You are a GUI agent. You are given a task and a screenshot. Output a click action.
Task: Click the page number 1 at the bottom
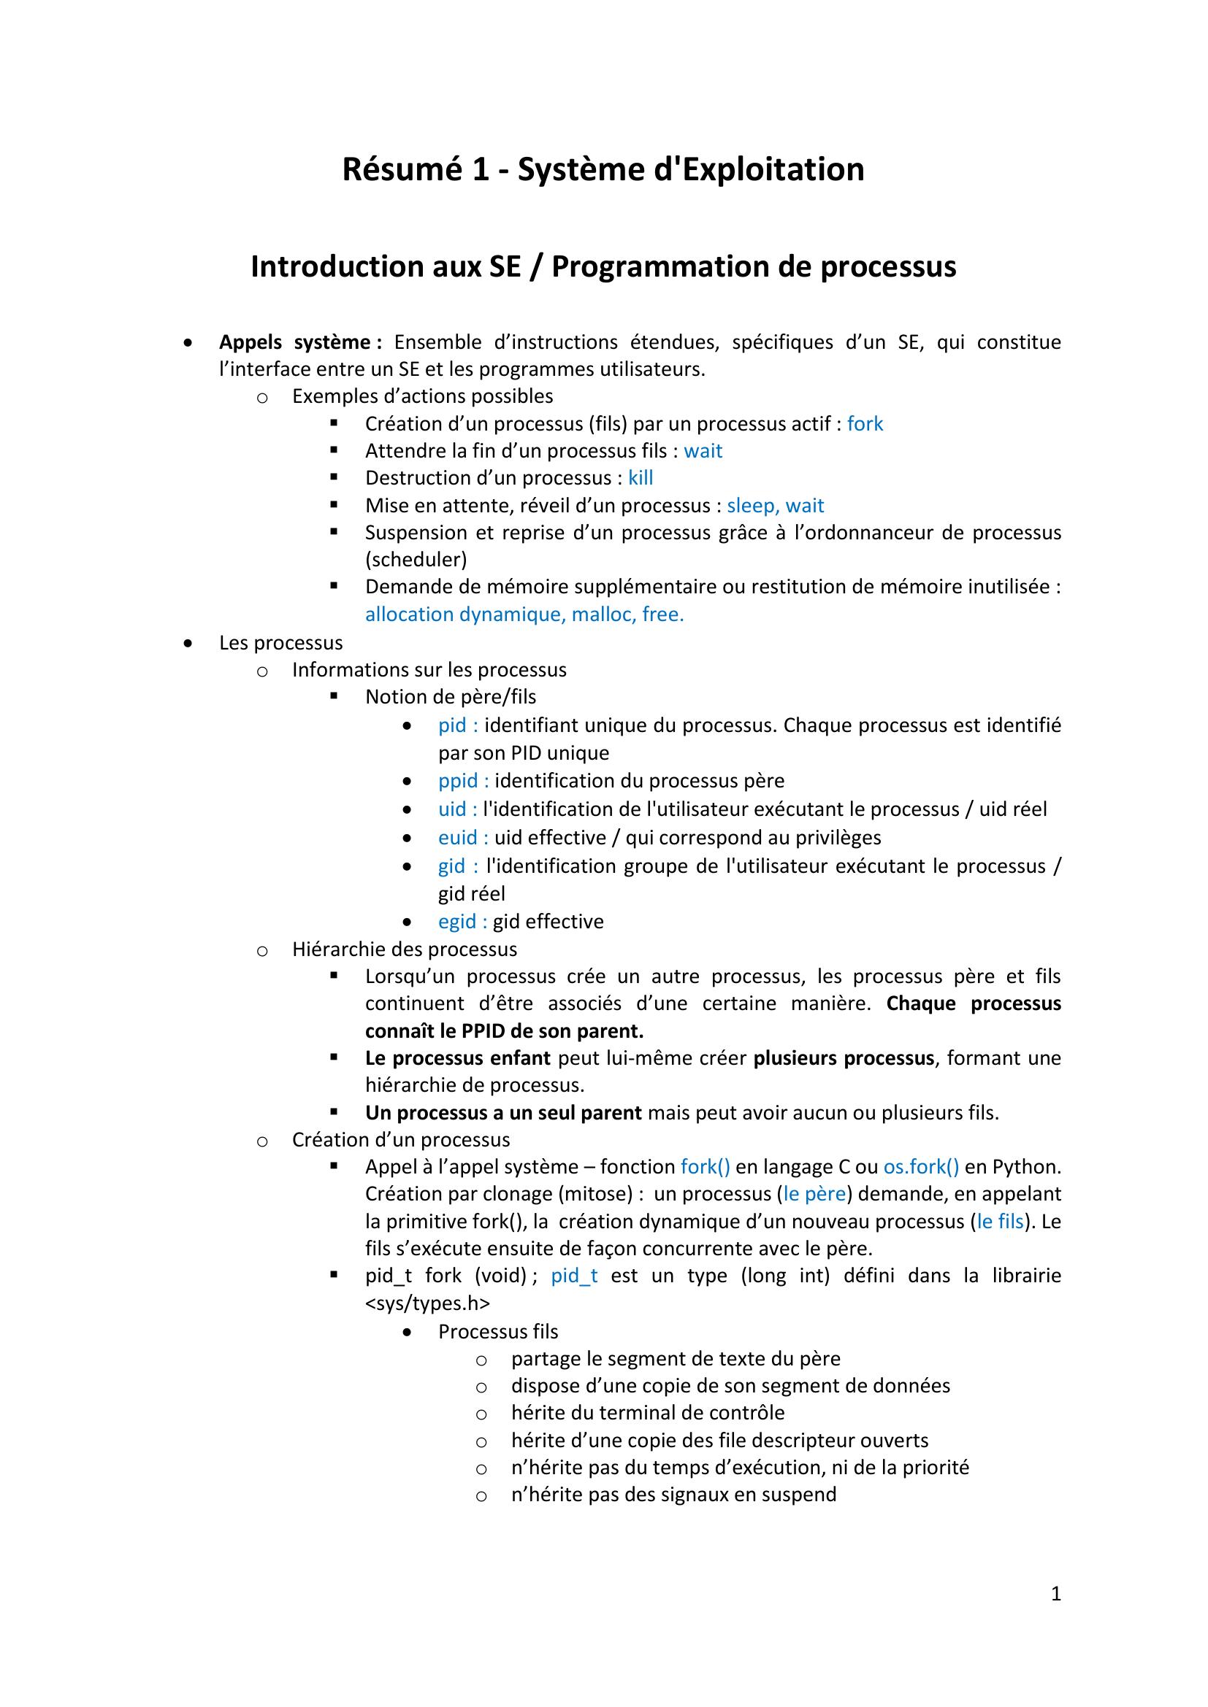pyautogui.click(x=1055, y=1593)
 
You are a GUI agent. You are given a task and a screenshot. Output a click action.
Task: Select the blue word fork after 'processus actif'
pyautogui.click(x=864, y=424)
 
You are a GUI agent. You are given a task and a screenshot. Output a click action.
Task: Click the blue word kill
pyautogui.click(x=641, y=478)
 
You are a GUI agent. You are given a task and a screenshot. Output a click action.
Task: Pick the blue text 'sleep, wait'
pyautogui.click(x=775, y=506)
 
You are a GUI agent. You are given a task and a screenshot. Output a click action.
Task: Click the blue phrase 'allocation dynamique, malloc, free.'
pyautogui.click(x=524, y=614)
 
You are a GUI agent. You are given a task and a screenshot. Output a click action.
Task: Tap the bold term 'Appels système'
pyautogui.click(x=299, y=343)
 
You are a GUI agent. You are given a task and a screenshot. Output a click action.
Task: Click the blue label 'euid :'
pyautogui.click(x=462, y=838)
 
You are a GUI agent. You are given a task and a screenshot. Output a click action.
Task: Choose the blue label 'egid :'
pyautogui.click(x=462, y=922)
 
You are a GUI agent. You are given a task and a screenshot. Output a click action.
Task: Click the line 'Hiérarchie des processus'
pyautogui.click(x=404, y=949)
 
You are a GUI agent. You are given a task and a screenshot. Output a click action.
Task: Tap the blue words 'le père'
pyautogui.click(x=814, y=1194)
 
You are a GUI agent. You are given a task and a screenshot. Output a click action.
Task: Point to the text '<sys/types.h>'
pyautogui.click(x=427, y=1303)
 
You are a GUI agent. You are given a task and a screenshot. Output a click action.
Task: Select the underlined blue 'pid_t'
pyautogui.click(x=574, y=1276)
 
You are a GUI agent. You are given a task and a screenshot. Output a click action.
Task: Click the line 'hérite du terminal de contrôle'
pyautogui.click(x=647, y=1413)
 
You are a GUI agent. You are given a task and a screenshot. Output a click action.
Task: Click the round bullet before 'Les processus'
pyautogui.click(x=189, y=643)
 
